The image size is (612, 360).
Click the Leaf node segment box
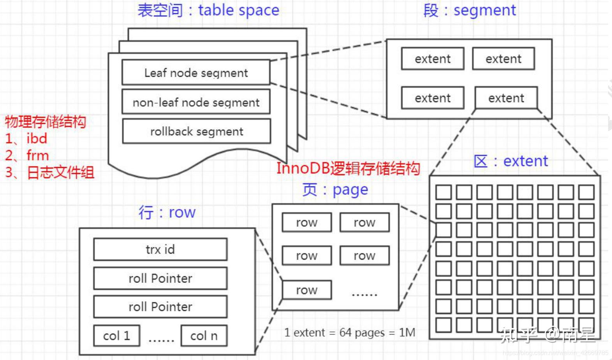(196, 72)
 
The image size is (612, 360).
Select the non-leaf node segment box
(196, 102)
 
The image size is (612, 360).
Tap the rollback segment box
(197, 132)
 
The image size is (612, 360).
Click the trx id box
(160, 249)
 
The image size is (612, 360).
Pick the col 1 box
(116, 336)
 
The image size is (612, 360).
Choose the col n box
(204, 336)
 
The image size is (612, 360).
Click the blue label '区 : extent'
(510, 161)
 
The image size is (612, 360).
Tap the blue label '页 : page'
(335, 190)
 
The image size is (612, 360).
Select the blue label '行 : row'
(167, 212)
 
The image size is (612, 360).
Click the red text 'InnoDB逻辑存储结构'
(348, 168)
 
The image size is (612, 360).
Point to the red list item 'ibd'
(37, 138)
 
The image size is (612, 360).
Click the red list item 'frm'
(37, 155)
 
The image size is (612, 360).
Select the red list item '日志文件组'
(60, 173)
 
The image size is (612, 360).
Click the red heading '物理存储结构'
(45, 122)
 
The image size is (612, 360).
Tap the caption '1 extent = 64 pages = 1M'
(350, 332)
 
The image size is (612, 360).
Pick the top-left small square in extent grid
(443, 192)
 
